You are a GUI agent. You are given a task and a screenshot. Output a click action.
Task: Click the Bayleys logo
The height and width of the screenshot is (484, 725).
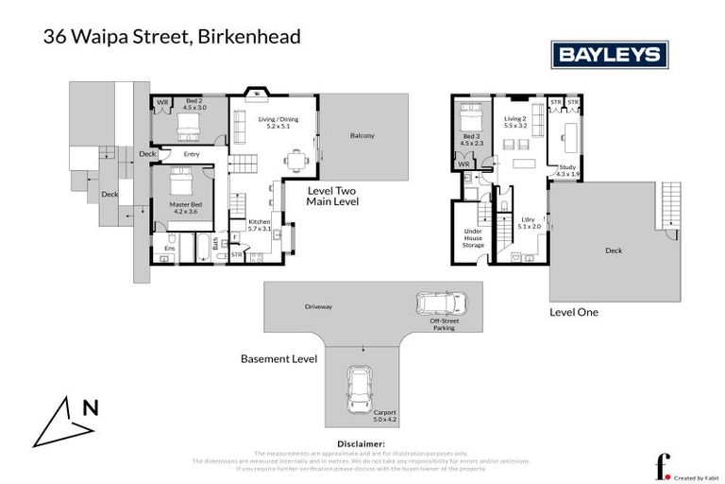click(x=609, y=54)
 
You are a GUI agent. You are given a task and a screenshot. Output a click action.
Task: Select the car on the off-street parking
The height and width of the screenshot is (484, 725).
click(x=442, y=303)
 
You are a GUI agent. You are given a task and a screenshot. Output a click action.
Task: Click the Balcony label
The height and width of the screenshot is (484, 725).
click(x=362, y=135)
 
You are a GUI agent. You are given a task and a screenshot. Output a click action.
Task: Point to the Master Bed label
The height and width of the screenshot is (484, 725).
click(x=182, y=206)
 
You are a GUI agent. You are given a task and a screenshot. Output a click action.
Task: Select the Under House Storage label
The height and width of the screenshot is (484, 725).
click(x=472, y=238)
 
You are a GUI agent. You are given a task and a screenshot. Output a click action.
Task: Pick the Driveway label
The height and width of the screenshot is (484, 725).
click(x=318, y=306)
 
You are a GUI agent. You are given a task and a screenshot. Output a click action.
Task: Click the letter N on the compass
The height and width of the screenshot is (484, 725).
click(x=90, y=408)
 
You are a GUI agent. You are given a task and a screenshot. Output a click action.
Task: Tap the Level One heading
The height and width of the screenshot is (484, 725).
click(x=573, y=311)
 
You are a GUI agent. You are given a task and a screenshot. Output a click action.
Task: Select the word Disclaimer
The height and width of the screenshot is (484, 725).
click(x=362, y=443)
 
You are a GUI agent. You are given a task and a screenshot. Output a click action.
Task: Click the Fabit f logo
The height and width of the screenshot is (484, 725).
click(x=663, y=466)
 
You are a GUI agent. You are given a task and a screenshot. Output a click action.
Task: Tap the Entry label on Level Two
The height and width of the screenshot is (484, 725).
click(x=192, y=154)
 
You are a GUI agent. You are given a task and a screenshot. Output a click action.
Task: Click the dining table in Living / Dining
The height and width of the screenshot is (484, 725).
click(x=297, y=159)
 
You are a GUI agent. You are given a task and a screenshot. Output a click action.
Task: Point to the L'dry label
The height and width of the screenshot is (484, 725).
click(x=529, y=219)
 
